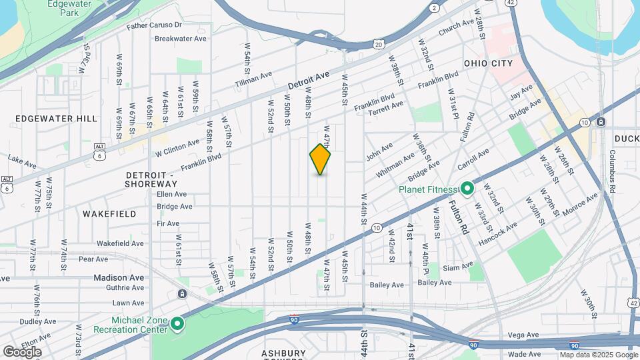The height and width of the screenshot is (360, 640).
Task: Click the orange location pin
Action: tap(320, 159)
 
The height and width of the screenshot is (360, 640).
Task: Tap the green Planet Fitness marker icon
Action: tap(467, 189)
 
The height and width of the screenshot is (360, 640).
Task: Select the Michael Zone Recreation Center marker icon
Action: tap(177, 324)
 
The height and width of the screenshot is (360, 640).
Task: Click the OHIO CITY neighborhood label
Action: tap(489, 63)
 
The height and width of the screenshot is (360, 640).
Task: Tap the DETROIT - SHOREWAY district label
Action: tap(150, 179)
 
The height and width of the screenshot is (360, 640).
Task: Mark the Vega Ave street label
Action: tap(523, 335)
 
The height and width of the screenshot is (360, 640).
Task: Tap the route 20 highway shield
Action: tap(378, 45)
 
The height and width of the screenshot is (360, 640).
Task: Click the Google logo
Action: tap(23, 351)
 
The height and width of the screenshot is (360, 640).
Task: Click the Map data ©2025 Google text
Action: tap(597, 355)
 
